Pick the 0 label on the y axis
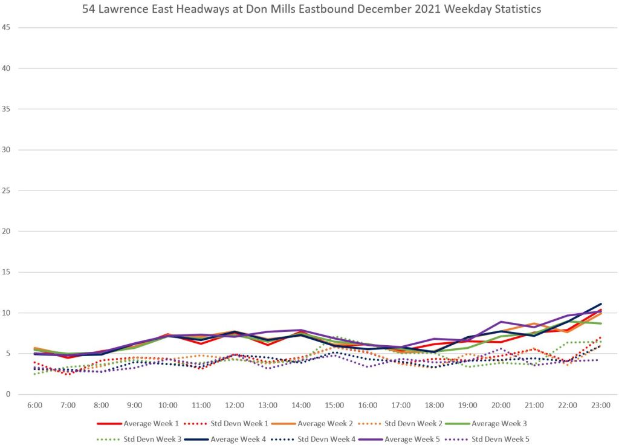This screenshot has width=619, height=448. pos(8,394)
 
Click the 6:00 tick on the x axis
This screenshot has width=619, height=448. pos(34,405)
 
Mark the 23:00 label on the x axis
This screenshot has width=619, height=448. pos(601,405)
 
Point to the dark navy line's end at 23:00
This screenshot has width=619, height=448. pos(601,304)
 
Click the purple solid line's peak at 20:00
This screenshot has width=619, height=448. pos(501,322)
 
